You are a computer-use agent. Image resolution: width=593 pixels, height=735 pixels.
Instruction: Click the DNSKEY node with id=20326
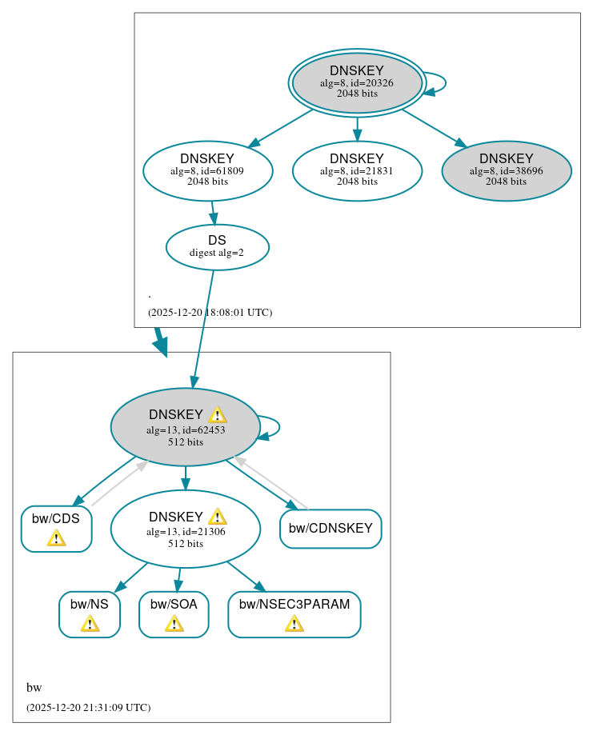[357, 82]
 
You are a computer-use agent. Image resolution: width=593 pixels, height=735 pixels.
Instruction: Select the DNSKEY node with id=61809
[208, 170]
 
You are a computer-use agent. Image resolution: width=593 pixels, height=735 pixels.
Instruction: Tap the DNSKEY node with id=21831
[357, 170]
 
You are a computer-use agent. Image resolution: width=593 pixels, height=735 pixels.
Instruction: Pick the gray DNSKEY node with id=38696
[507, 170]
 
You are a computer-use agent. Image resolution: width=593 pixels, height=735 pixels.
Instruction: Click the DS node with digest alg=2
[217, 247]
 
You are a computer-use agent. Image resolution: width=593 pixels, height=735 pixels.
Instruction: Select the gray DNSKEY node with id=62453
[185, 427]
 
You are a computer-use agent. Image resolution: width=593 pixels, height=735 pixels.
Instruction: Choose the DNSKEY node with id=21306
[185, 529]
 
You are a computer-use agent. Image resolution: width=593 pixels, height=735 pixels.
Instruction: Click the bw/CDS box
[56, 529]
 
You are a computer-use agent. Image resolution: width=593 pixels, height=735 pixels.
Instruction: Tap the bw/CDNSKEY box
[331, 529]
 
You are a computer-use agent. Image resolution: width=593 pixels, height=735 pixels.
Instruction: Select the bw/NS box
[90, 614]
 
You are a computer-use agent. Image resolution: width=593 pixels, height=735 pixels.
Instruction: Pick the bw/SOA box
[174, 614]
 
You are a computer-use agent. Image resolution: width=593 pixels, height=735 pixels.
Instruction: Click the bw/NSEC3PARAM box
[294, 614]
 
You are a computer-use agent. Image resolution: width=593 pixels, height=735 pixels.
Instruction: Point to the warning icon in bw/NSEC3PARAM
[294, 623]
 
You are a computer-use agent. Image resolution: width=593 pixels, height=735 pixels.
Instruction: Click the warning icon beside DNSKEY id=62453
[217, 415]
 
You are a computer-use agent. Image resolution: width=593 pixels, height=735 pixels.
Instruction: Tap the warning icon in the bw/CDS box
[56, 537]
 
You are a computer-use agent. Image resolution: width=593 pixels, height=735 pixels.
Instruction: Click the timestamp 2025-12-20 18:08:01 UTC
[210, 312]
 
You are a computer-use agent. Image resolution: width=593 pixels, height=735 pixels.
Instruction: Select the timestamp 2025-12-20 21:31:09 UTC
[88, 707]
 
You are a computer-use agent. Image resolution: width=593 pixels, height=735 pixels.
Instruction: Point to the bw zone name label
[34, 688]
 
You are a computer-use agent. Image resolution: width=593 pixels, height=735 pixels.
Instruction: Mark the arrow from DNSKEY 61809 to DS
[213, 213]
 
